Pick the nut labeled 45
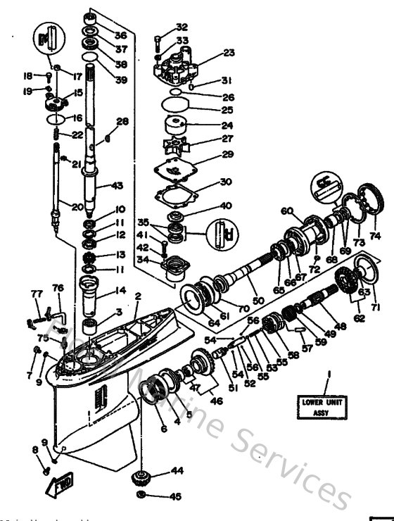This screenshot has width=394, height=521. (x=141, y=497)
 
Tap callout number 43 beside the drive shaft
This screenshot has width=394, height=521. (x=115, y=186)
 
